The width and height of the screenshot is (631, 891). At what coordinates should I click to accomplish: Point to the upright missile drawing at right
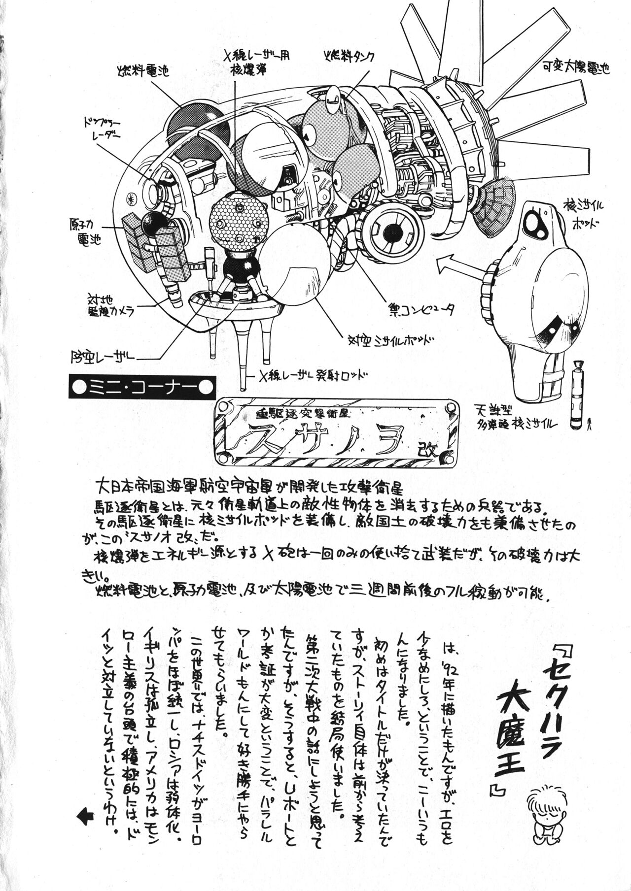point(575,386)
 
